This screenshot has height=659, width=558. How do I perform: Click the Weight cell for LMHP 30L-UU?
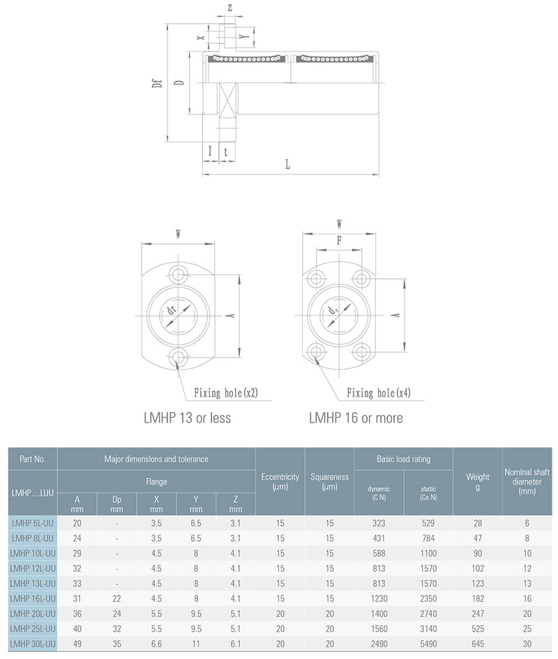click(x=477, y=644)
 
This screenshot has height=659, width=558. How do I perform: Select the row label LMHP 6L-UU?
click(x=32, y=523)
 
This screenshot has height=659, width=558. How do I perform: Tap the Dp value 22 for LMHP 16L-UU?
click(x=116, y=598)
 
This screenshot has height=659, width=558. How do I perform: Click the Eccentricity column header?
click(x=280, y=482)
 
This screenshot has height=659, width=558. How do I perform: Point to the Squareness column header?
click(x=329, y=482)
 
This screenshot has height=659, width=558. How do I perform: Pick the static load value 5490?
click(x=428, y=644)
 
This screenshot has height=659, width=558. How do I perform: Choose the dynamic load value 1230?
click(x=379, y=598)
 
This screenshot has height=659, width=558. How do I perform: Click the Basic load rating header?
click(x=403, y=459)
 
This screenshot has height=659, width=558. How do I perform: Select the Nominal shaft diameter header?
click(x=527, y=482)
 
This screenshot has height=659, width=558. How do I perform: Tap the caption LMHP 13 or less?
click(x=187, y=418)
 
